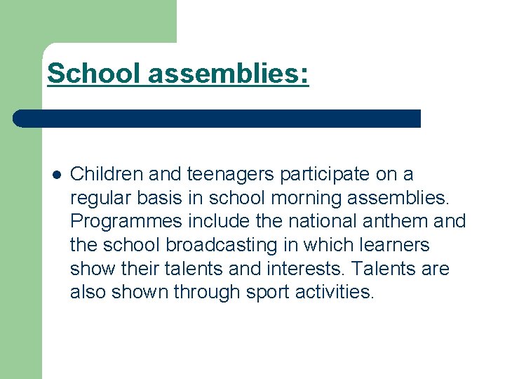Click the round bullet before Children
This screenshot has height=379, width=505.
(x=56, y=174)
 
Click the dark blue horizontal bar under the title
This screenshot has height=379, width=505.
(x=217, y=119)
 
